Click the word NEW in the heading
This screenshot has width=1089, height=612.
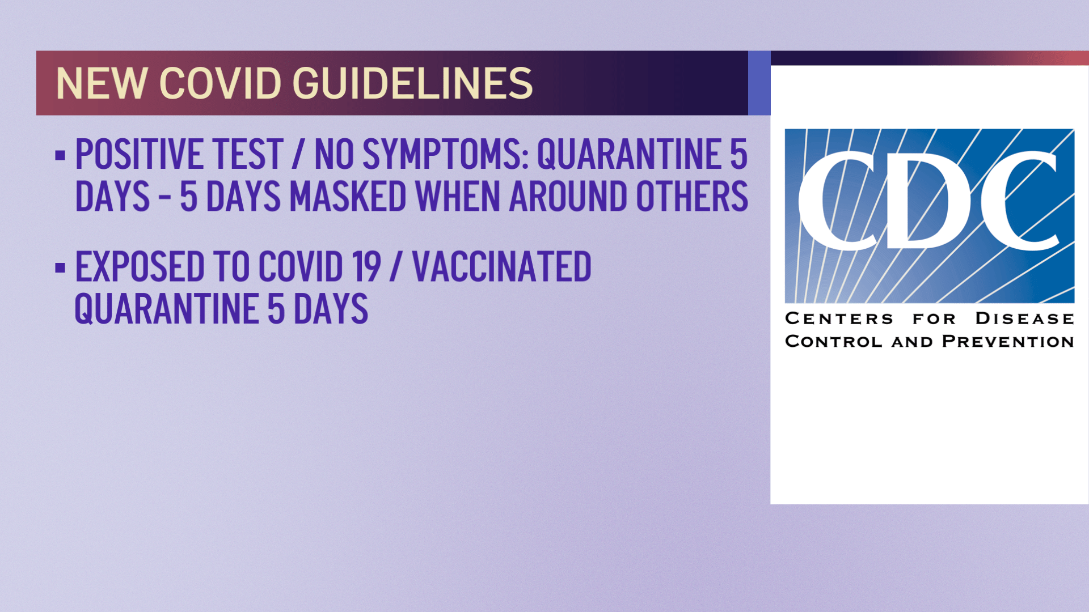[101, 83]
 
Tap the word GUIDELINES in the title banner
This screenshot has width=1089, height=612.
[412, 83]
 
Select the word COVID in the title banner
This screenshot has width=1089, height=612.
[221, 83]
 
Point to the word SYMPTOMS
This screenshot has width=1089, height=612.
[445, 154]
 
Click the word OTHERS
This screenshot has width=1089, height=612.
[691, 197]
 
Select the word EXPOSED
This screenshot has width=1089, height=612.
[140, 266]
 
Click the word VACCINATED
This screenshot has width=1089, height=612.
[501, 266]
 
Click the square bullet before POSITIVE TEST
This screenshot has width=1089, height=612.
[60, 155]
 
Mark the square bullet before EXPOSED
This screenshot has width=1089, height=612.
[60, 267]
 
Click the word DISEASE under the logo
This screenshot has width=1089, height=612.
[1024, 318]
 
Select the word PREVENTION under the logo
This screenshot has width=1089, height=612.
[1008, 342]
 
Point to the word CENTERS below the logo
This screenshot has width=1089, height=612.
[839, 318]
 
